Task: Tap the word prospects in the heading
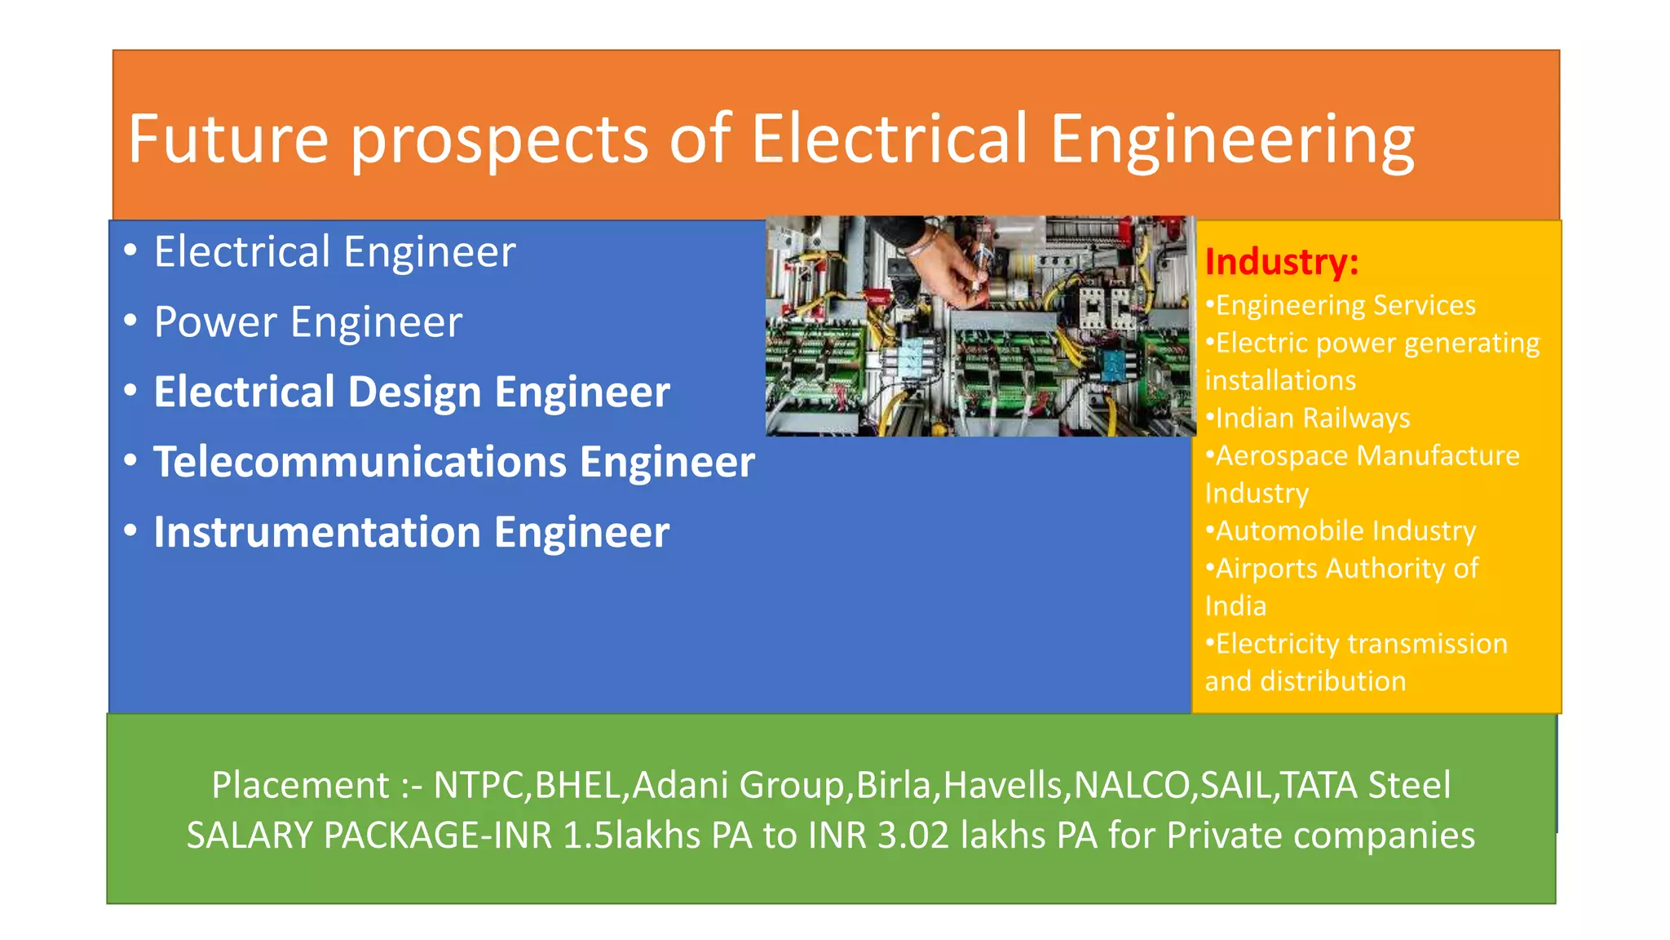pyautogui.click(x=499, y=140)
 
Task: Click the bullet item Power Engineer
pyautogui.click(x=307, y=321)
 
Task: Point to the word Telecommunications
pyautogui.click(x=360, y=462)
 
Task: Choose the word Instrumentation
pyautogui.click(x=317, y=532)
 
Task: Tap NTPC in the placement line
pyautogui.click(x=479, y=785)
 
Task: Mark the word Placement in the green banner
pyautogui.click(x=300, y=785)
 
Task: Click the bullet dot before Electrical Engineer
pyautogui.click(x=130, y=251)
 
